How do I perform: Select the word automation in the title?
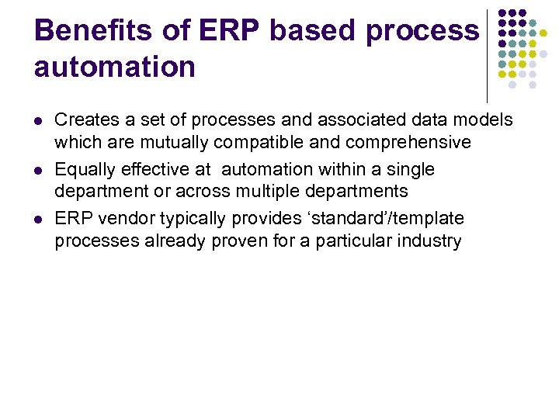click(x=114, y=67)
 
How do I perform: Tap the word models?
click(x=484, y=120)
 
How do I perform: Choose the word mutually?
click(x=175, y=143)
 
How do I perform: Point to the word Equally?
click(x=84, y=170)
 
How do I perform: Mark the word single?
click(x=408, y=170)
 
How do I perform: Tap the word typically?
click(x=194, y=220)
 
